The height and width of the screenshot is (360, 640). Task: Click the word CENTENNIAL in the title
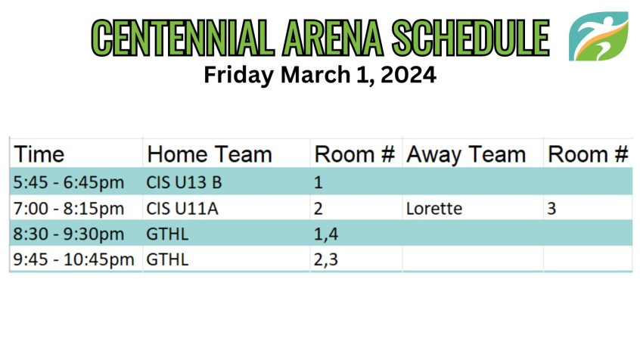[183, 38]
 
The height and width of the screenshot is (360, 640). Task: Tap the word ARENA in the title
[333, 38]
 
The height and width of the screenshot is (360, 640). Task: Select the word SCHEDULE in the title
[471, 38]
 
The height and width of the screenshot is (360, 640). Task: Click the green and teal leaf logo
[598, 36]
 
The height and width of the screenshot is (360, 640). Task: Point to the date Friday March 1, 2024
[320, 75]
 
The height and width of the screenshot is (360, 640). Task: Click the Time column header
[39, 154]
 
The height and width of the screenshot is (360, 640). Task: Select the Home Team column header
[210, 154]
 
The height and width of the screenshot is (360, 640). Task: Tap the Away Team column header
[466, 154]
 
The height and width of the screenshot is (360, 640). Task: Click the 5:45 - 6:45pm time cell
[69, 182]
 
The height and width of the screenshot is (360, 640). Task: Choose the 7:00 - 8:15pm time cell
[69, 208]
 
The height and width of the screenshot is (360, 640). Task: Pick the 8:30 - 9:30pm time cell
[69, 234]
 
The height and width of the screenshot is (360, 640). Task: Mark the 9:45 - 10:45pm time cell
[73, 259]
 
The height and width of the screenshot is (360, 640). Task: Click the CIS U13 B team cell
[184, 182]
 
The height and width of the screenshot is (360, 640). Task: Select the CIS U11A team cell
[182, 208]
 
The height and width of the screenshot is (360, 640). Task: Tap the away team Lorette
[434, 208]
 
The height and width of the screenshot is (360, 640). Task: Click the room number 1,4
[326, 234]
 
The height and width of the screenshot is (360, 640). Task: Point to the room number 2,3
[326, 260]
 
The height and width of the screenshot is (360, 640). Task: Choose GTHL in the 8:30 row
[167, 234]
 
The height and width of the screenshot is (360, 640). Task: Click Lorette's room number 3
[551, 209]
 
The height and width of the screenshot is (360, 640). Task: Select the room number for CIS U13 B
[318, 182]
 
